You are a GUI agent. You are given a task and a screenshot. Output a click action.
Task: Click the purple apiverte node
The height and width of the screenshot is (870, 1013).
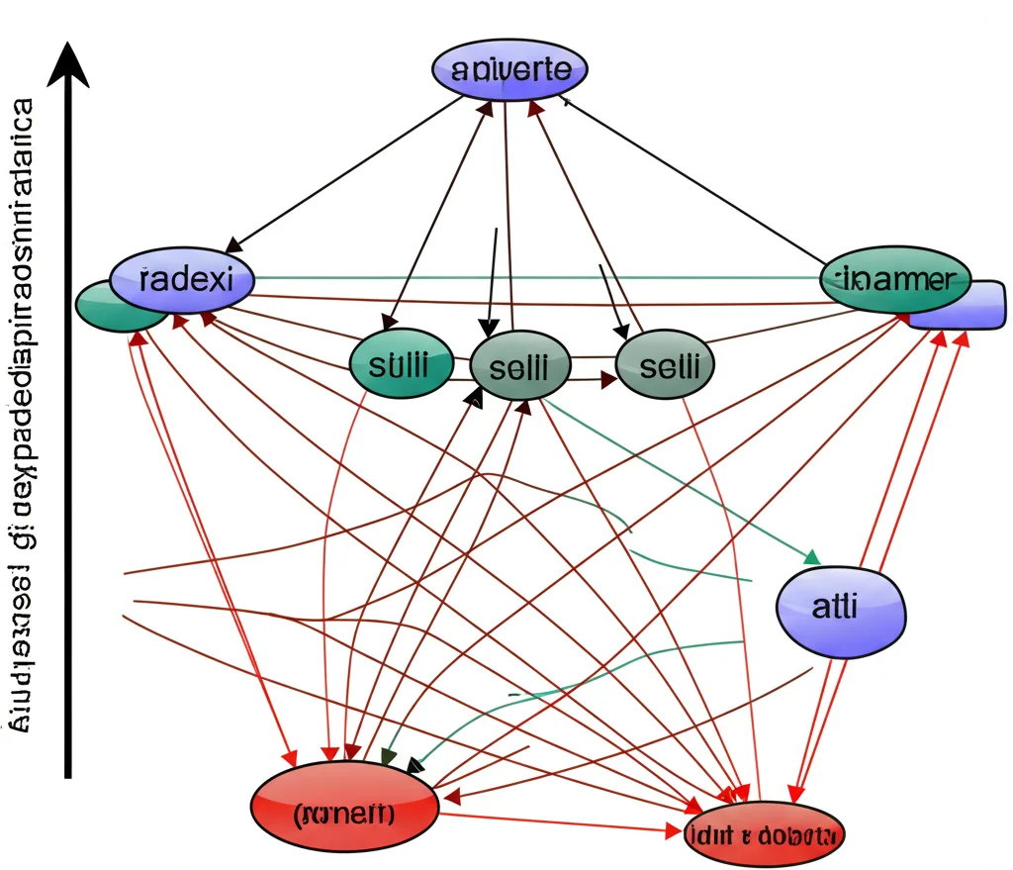(509, 70)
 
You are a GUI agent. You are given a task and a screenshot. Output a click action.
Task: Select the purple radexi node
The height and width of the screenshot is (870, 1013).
(182, 278)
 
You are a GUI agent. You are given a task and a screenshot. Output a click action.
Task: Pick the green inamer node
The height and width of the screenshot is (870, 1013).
(896, 278)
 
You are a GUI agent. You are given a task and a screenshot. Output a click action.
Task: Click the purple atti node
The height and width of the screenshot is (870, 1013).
(841, 607)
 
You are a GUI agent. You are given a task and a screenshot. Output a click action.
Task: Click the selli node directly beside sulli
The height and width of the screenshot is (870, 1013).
(520, 366)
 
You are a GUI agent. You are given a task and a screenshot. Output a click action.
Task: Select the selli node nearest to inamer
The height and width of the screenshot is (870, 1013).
(665, 366)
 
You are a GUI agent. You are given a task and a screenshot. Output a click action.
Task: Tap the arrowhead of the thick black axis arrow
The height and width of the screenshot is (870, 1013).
(67, 63)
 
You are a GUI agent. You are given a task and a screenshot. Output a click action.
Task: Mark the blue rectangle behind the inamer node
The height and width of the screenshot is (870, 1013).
(974, 307)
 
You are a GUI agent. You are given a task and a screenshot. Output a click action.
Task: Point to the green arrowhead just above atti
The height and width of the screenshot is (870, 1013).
(812, 556)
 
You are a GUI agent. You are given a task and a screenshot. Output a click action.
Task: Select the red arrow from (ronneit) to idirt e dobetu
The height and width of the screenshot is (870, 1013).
(564, 822)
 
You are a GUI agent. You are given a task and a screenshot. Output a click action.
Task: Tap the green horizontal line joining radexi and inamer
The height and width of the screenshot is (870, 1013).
(534, 278)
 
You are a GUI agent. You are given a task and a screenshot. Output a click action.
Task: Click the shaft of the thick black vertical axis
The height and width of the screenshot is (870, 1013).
(67, 445)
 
